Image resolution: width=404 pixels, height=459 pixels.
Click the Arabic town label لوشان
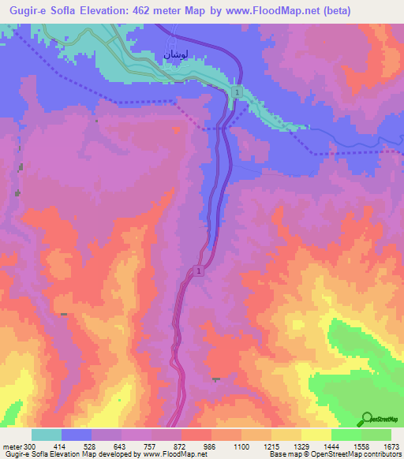pos(174,54)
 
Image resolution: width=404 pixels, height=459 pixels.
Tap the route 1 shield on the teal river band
pos(236,93)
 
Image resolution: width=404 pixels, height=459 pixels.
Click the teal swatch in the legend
pos(47,435)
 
